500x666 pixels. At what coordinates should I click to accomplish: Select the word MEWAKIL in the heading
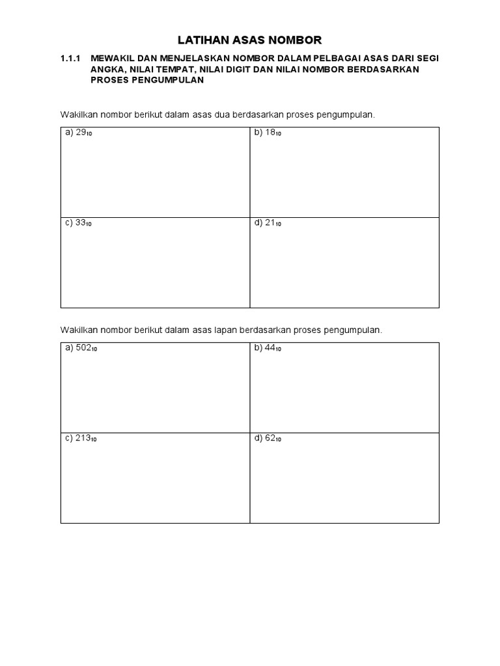point(112,58)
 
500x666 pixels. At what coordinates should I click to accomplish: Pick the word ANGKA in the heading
point(106,69)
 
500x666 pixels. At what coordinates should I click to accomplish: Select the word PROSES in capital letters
point(109,80)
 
